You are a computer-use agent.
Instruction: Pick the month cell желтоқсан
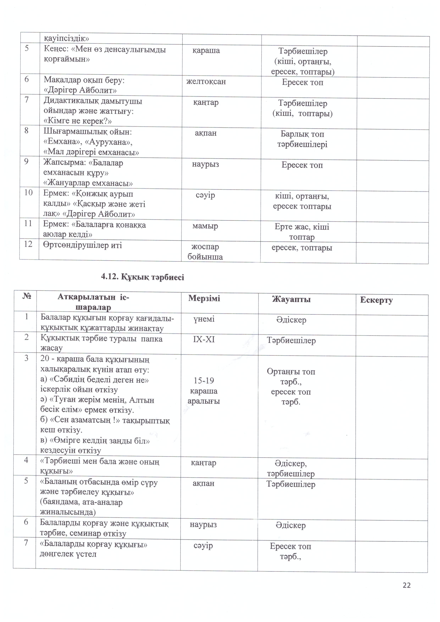click(206, 82)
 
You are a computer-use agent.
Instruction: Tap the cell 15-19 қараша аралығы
click(204, 391)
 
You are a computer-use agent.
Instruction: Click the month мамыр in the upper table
click(205, 226)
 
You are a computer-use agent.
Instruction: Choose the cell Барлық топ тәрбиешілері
click(302, 139)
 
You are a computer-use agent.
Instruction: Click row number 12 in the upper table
click(28, 244)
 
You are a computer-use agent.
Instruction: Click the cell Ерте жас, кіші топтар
click(302, 232)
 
